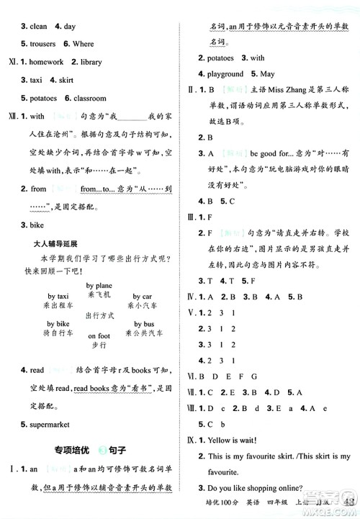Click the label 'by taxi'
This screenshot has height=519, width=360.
[58, 296]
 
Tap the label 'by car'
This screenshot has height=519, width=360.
[141, 296]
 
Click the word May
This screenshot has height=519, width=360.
[268, 74]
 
